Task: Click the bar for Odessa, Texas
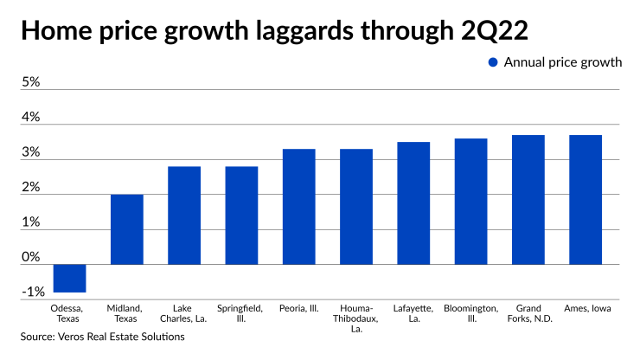pos(69,278)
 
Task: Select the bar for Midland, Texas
pos(126,229)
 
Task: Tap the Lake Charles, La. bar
pos(184,215)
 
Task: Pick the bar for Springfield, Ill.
pos(241,215)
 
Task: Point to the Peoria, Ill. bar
pos(298,207)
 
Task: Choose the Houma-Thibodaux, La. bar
pos(355,207)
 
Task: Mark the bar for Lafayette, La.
pos(413,203)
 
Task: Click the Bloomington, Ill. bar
pos(470,202)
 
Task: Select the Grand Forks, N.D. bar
pos(528,200)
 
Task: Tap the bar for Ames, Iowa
pos(585,200)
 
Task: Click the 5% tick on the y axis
pos(31,82)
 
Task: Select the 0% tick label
pos(31,257)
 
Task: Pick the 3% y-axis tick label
pos(31,152)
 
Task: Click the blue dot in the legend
pos(493,61)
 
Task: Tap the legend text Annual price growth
pos(563,61)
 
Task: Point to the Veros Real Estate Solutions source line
pos(103,336)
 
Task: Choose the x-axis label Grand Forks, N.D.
pos(528,313)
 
